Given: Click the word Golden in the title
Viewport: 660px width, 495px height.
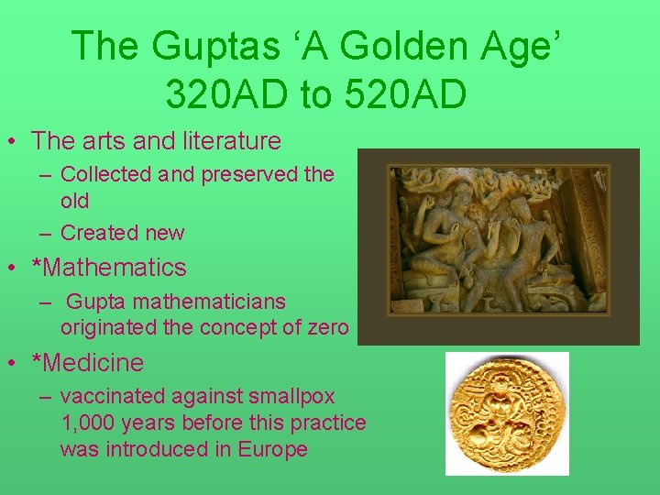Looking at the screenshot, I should (x=403, y=46).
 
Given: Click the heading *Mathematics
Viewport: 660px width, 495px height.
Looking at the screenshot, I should (x=109, y=269).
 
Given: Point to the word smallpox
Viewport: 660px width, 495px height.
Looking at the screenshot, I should (x=291, y=397).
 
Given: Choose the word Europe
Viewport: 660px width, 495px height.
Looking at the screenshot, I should (x=274, y=449).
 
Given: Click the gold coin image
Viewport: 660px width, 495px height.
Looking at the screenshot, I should (x=507, y=413).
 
